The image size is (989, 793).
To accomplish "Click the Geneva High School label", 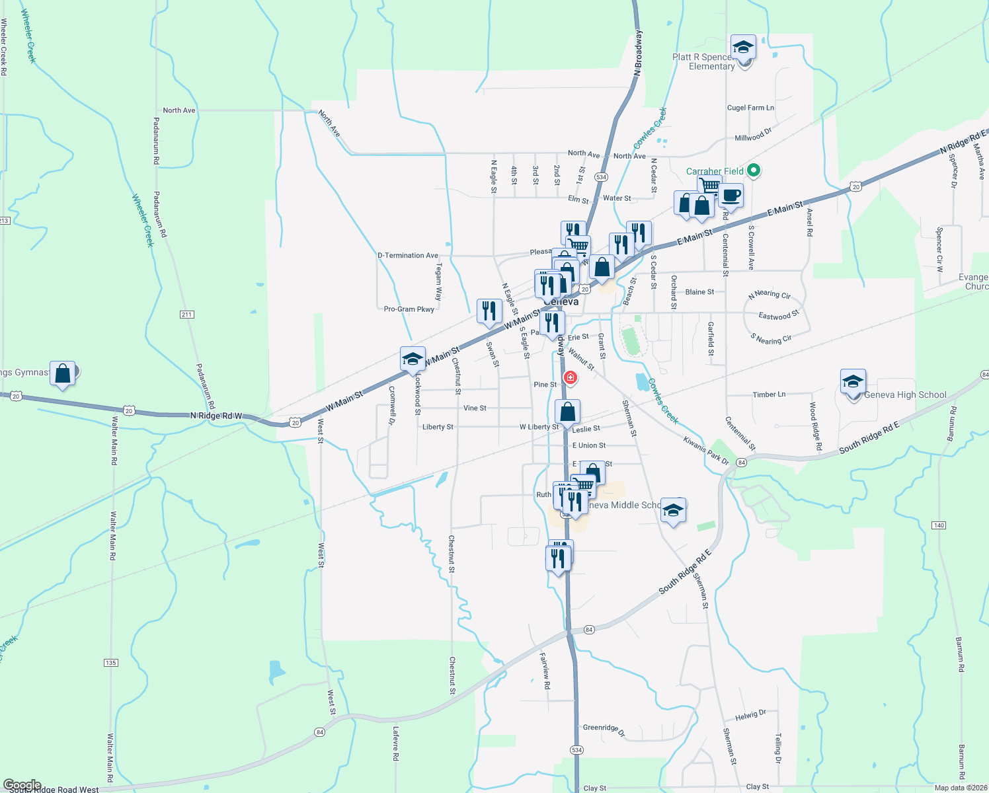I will [x=905, y=395].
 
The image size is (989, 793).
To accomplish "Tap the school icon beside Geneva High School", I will [x=853, y=382].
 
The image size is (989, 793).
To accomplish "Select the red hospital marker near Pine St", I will [x=570, y=377].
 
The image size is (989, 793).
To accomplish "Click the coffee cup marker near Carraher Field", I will [x=731, y=196].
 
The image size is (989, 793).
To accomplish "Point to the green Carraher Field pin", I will [x=753, y=171].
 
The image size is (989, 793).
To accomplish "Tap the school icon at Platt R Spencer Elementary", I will [x=743, y=48].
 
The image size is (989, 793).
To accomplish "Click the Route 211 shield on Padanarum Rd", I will [x=186, y=315].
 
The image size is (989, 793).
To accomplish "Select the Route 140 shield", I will [x=939, y=525].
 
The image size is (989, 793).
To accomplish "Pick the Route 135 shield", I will [x=110, y=662].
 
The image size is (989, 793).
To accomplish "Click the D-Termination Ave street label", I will [x=408, y=256].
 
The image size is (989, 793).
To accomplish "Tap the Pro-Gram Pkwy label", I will [x=409, y=309].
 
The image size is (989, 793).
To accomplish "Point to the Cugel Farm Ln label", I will [x=750, y=108].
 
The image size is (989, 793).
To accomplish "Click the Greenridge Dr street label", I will [x=604, y=728].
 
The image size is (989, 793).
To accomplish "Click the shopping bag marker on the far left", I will [x=63, y=374].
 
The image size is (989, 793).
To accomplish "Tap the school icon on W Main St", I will [x=413, y=359].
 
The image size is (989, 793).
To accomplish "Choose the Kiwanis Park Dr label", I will [x=706, y=450].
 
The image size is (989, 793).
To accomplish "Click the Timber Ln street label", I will [x=769, y=395].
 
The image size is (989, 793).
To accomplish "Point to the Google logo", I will [x=22, y=785].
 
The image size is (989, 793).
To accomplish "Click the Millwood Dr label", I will [x=753, y=135].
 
